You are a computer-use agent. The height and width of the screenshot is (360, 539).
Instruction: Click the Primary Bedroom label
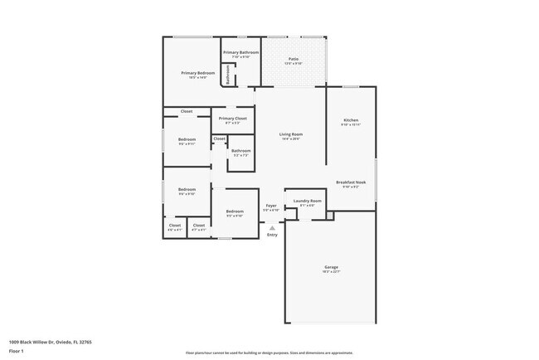point(198,73)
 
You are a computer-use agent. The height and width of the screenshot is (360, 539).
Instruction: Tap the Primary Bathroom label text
point(241,52)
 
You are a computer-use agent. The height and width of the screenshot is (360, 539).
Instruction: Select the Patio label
point(294,59)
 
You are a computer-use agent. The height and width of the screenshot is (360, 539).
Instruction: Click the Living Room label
point(290,134)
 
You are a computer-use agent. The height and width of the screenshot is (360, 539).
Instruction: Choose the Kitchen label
point(351,120)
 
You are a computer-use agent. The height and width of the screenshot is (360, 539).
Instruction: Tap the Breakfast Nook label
point(351,182)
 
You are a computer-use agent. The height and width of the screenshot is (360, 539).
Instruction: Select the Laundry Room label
point(307,201)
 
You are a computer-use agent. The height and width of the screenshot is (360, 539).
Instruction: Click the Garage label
point(331,266)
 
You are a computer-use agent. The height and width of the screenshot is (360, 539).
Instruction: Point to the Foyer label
point(271,205)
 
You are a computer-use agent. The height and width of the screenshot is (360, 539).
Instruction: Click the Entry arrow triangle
point(272,227)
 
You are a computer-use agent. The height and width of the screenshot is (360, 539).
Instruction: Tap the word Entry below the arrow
point(272,236)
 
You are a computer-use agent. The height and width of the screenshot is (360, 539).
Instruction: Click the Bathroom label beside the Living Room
point(241,151)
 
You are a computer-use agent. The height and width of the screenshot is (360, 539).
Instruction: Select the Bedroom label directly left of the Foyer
point(235,212)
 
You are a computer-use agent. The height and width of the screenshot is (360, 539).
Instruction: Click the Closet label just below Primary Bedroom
point(187,111)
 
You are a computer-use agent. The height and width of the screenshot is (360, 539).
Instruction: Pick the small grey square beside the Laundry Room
point(329,216)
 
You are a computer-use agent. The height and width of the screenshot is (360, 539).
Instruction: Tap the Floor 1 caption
point(17,351)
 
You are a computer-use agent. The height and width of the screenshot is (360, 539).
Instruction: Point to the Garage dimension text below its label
point(331,271)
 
